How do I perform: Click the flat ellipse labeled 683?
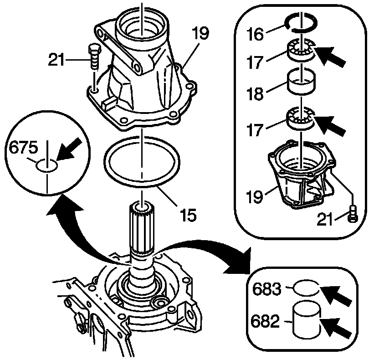tap(306, 288)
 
